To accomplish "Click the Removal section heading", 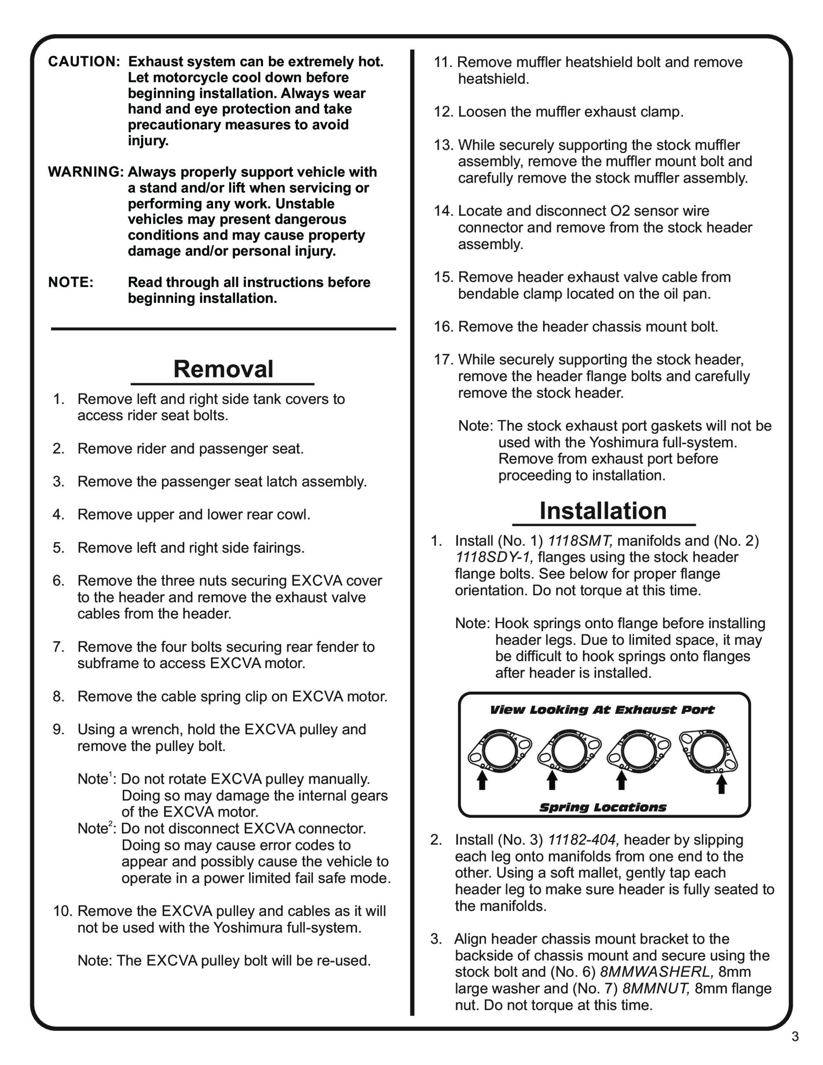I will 223,369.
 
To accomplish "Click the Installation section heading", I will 602,511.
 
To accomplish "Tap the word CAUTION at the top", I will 83,62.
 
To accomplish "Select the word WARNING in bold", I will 86,172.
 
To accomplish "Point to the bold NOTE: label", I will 71,282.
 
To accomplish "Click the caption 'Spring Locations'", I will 602,807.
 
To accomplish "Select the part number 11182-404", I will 583,840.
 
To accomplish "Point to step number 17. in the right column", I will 444,360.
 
